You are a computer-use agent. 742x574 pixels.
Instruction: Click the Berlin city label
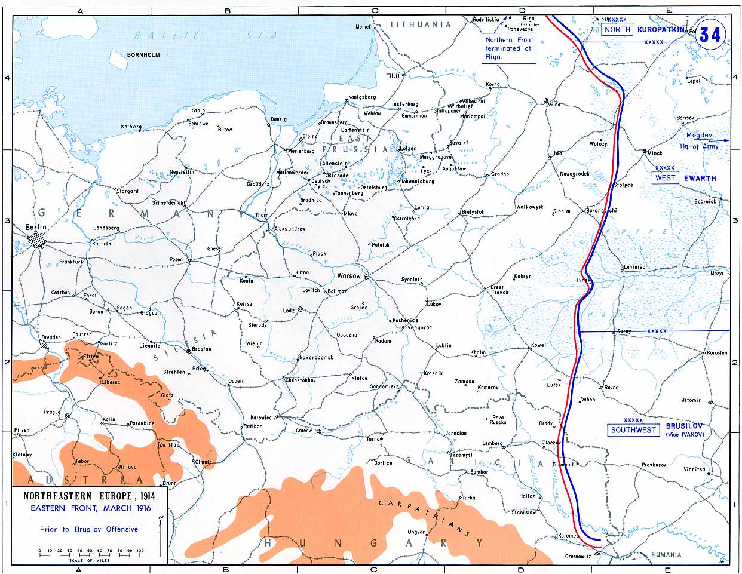tap(36, 227)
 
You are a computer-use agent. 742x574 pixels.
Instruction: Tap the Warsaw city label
tap(349, 276)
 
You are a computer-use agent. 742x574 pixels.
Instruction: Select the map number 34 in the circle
tap(710, 35)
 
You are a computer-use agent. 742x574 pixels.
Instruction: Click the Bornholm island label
tap(143, 54)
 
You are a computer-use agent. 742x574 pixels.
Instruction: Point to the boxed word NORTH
tap(617, 29)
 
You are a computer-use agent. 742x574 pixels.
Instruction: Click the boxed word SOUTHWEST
tap(633, 429)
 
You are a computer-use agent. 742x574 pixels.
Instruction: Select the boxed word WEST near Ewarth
tap(665, 177)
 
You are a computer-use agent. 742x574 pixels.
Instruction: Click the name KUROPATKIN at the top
tap(660, 29)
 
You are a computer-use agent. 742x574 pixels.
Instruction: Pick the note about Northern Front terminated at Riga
tap(510, 48)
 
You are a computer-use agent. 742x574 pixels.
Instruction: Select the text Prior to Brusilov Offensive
tap(88, 529)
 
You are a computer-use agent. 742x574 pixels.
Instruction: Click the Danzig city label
tap(278, 119)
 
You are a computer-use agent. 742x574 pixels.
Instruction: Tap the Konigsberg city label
tap(362, 97)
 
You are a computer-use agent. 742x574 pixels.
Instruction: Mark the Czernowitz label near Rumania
tap(578, 556)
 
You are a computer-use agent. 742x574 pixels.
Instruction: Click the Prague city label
tap(52, 412)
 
